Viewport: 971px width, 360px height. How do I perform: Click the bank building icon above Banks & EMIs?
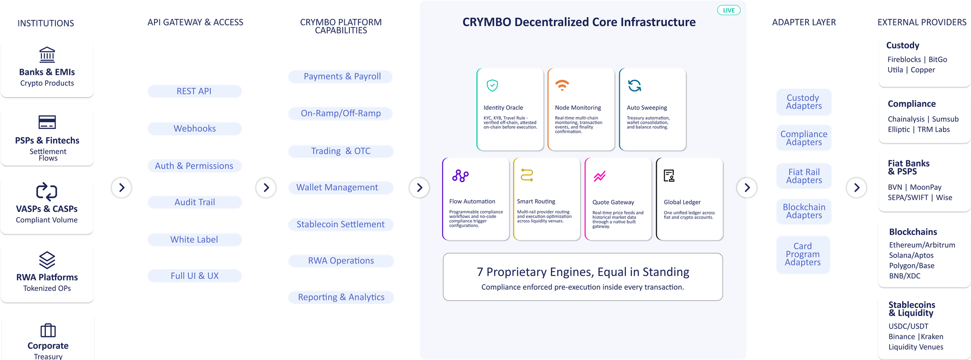point(47,55)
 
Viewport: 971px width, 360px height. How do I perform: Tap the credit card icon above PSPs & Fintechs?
point(47,122)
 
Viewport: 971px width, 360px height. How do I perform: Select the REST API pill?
point(194,91)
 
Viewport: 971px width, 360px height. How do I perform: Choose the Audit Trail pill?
point(194,202)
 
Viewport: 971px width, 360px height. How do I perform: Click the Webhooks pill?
point(194,129)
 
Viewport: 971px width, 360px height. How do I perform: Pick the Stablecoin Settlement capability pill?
point(341,224)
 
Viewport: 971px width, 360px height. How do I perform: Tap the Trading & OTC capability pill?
point(341,151)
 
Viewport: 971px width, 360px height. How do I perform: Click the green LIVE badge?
point(729,10)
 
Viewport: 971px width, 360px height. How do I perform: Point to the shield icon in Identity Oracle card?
point(492,85)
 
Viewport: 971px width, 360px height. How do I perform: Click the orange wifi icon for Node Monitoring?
point(562,85)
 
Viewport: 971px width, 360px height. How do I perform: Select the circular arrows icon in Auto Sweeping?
point(634,85)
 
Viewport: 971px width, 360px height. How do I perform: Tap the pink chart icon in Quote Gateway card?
point(599,176)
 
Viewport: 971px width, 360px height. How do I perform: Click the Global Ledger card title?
point(682,202)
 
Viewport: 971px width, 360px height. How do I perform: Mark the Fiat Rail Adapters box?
point(804,176)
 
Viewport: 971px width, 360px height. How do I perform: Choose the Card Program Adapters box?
point(803,254)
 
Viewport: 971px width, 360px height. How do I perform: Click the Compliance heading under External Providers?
point(912,104)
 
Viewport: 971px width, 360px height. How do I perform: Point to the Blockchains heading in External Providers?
point(913,232)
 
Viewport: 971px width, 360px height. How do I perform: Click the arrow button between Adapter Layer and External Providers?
point(856,187)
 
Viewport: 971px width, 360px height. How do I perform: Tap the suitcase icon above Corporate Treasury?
point(48,330)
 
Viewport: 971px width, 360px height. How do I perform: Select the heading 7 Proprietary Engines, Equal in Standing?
point(583,272)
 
